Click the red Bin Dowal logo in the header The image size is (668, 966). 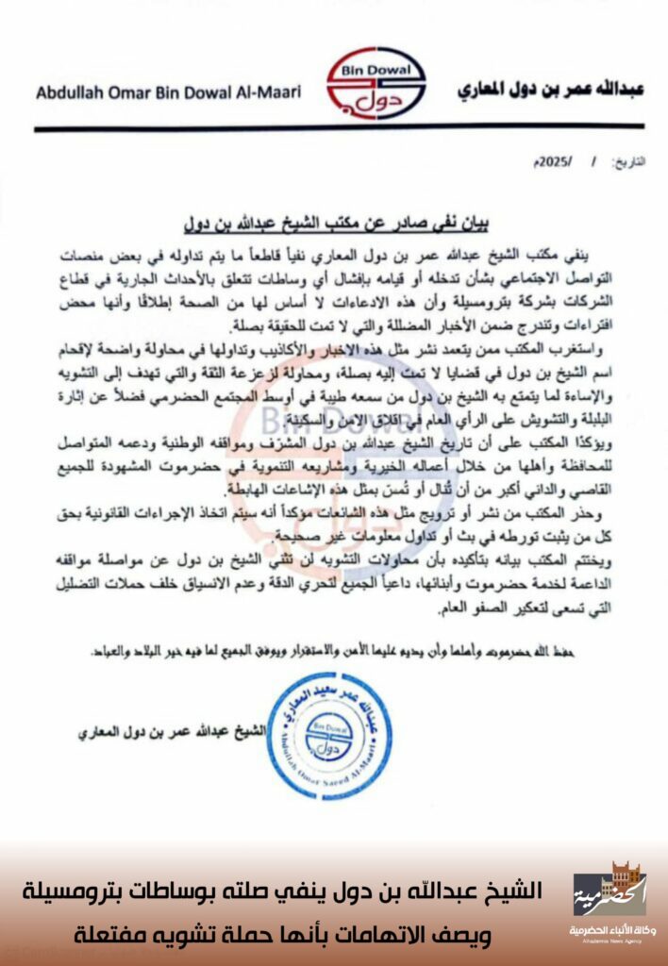pyautogui.click(x=375, y=85)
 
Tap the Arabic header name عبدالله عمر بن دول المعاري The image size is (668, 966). pyautogui.click(x=550, y=91)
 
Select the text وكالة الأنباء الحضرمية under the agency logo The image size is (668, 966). pyautogui.click(x=610, y=930)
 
